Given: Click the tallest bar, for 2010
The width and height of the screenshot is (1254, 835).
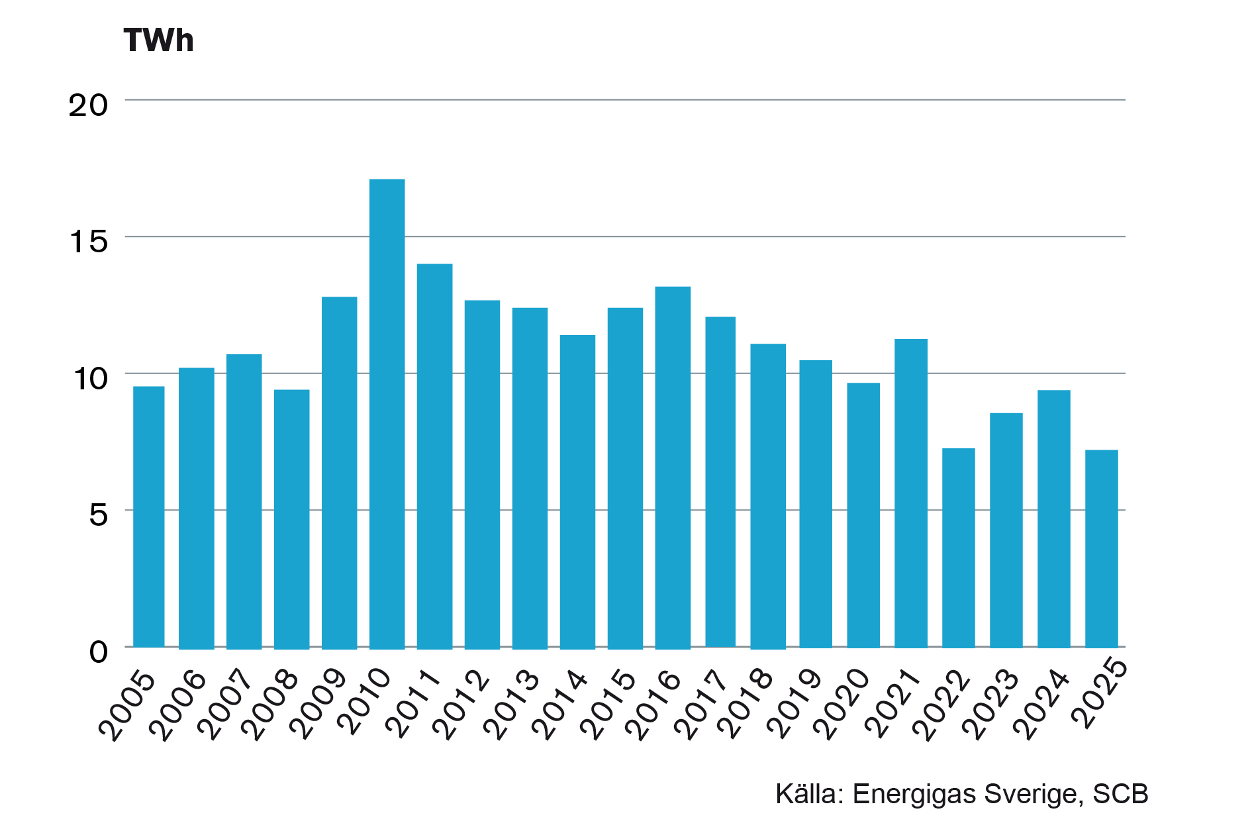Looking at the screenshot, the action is pyautogui.click(x=387, y=414).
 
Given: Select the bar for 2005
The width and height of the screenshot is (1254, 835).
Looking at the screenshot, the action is pyautogui.click(x=149, y=516).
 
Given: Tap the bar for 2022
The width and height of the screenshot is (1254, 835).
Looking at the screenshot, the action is pyautogui.click(x=958, y=548).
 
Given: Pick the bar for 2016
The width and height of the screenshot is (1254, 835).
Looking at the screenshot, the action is pyautogui.click(x=673, y=467).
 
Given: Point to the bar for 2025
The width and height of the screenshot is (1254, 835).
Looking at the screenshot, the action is pyautogui.click(x=1101, y=549).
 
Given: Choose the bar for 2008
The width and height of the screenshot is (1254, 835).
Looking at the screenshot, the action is pyautogui.click(x=291, y=519).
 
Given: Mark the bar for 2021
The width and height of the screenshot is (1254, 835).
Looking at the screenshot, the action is pyautogui.click(x=910, y=493).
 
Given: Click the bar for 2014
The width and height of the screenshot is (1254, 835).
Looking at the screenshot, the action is pyautogui.click(x=577, y=492).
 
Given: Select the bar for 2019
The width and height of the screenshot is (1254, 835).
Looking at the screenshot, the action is pyautogui.click(x=815, y=504).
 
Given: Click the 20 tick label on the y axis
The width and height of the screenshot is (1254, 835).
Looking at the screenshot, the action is pyautogui.click(x=88, y=105).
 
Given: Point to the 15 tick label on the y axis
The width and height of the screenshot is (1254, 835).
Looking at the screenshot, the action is pyautogui.click(x=89, y=242).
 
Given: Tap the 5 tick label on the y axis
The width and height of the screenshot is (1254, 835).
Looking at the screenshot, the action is pyautogui.click(x=98, y=515).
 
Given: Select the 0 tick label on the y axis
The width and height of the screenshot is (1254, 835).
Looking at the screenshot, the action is pyautogui.click(x=98, y=652).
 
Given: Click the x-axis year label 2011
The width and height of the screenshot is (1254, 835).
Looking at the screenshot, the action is pyautogui.click(x=414, y=705).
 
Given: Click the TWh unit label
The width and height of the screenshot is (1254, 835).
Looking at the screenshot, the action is pyautogui.click(x=159, y=40).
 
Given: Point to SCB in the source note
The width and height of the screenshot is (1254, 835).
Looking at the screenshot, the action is pyautogui.click(x=1120, y=794).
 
